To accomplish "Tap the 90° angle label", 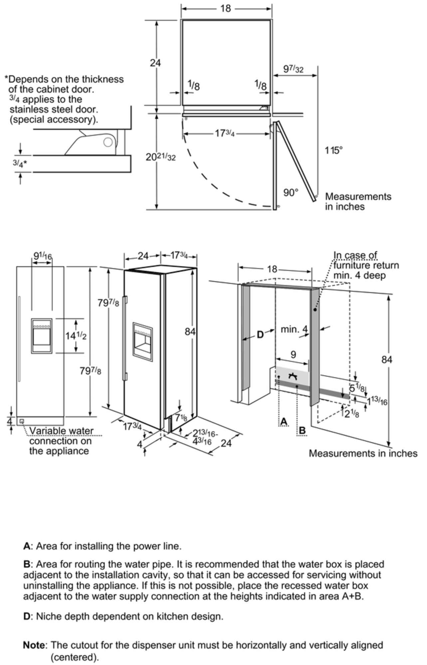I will [291, 193].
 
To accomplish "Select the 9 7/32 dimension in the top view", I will [293, 69].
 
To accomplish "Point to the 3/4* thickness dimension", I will [20, 163].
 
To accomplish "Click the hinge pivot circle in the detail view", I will [108, 142].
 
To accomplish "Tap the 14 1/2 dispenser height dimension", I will [76, 336].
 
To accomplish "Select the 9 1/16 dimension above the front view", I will [42, 256].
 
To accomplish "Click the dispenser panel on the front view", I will [42, 336].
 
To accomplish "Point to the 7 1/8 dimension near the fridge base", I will [181, 417].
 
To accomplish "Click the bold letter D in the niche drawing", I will [260, 335].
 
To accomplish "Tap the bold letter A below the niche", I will [284, 422].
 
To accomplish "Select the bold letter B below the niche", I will [302, 431].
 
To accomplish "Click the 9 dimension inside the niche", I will [293, 354].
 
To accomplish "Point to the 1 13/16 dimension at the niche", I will [377, 401].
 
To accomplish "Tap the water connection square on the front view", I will [22, 421].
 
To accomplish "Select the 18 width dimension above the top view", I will [226, 9].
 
